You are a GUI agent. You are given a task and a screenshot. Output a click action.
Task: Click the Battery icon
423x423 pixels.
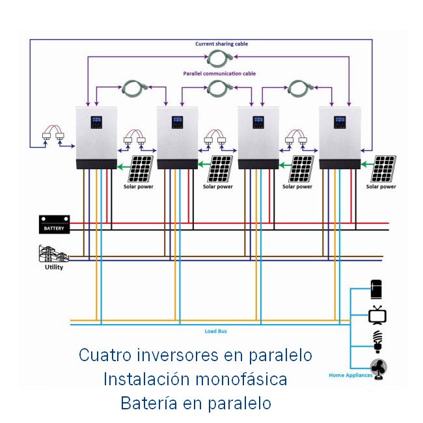54,225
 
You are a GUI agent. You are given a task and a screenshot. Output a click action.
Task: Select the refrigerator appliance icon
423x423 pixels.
377,288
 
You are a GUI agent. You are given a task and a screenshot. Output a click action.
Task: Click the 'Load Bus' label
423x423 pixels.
215,331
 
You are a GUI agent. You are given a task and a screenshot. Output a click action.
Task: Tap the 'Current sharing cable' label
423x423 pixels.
221,44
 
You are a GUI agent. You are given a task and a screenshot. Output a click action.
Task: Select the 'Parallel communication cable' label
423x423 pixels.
219,74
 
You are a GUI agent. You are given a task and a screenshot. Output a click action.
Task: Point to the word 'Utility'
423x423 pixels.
53,267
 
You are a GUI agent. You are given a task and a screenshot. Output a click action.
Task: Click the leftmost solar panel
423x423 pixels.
141,169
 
